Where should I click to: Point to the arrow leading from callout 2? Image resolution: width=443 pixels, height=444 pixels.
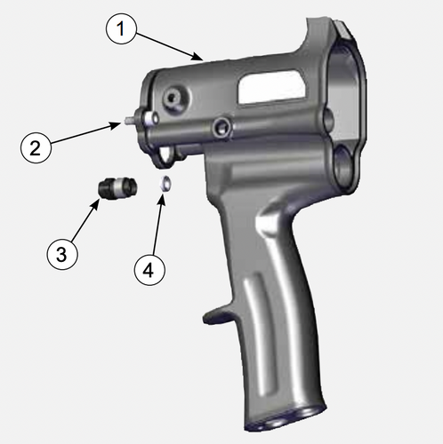[85, 134]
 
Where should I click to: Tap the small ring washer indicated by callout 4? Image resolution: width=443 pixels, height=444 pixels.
[165, 185]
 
